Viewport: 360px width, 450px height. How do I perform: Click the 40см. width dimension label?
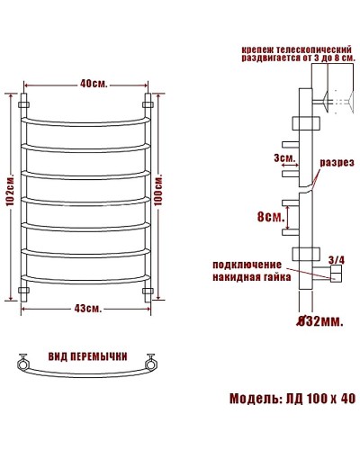tap(87, 84)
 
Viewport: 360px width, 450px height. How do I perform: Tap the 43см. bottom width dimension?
tap(87, 309)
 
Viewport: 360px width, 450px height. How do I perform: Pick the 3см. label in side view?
tap(285, 159)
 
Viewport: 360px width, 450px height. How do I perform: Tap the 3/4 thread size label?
tap(337, 260)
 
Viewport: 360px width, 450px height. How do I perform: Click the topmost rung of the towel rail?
tap(87, 117)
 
